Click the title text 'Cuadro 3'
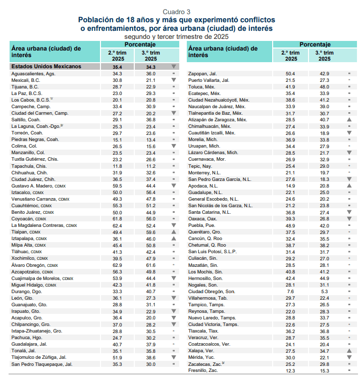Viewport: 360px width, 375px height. tap(176, 12)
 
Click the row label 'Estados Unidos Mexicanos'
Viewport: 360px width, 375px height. tap(46, 66)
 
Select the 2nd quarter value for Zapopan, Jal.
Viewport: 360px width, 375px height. tap(290, 73)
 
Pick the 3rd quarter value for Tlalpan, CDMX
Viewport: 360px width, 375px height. tap(150, 231)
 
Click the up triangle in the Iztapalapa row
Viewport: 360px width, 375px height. tap(173, 238)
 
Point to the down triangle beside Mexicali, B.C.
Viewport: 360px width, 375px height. tap(173, 80)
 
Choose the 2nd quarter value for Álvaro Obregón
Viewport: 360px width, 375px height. tap(117, 264)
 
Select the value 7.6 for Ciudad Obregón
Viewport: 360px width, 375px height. tap(290, 291)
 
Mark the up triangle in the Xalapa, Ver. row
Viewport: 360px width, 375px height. tap(349, 350)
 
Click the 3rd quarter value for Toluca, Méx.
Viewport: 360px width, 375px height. tap(323, 86)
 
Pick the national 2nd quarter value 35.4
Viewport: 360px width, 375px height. tap(117, 66)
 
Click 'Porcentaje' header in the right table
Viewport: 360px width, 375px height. tap(316, 44)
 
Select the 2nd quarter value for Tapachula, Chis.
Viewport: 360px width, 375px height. tap(117, 165)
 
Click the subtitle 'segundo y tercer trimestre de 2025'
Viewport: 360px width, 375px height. tap(176, 37)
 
